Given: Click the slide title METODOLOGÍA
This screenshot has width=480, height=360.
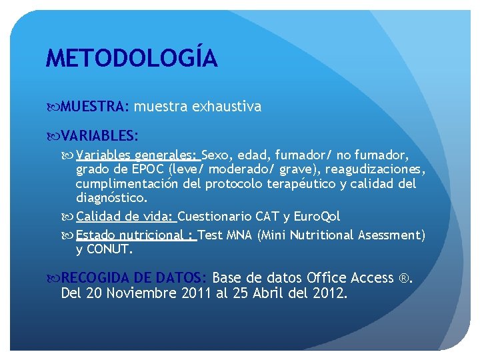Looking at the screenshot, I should click(x=131, y=59).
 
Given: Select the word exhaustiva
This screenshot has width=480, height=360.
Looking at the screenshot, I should click(x=227, y=107).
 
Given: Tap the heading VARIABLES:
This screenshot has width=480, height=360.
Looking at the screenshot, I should click(x=100, y=136).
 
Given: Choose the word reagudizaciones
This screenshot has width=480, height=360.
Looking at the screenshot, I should click(x=375, y=169).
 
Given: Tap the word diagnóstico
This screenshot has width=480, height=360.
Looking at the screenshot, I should click(x=111, y=197).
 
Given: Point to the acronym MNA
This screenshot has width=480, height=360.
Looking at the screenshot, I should click(x=239, y=235).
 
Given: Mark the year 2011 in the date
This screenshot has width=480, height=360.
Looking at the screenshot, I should click(x=197, y=293).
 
